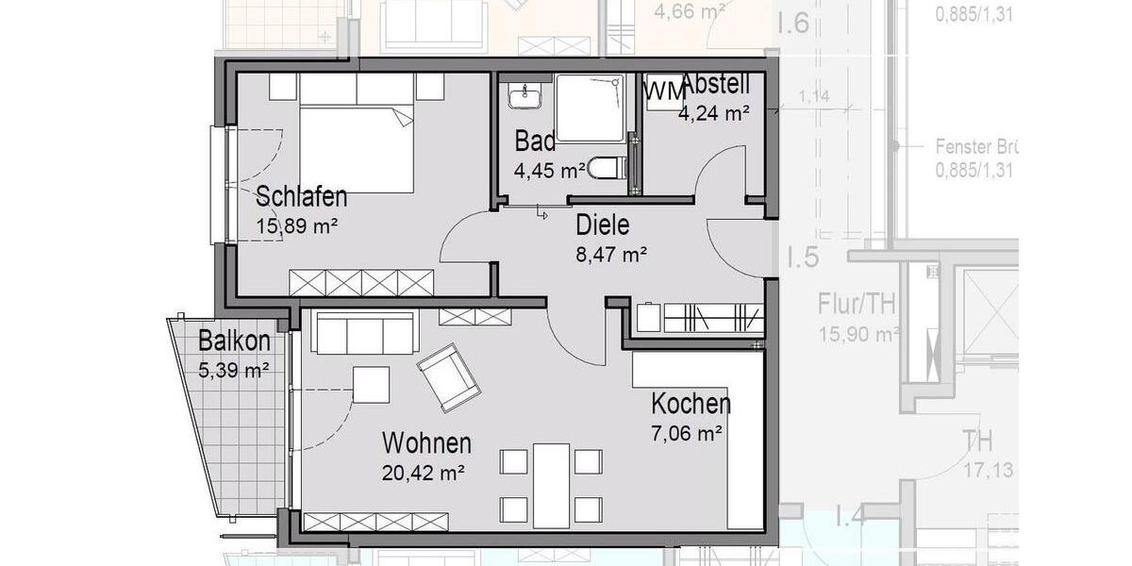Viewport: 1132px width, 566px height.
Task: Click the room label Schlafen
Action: click(302, 197)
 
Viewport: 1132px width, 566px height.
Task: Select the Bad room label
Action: click(534, 141)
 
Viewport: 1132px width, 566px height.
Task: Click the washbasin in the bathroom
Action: click(521, 97)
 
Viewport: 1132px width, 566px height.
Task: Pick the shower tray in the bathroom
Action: click(590, 108)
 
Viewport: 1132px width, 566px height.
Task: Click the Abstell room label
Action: click(715, 84)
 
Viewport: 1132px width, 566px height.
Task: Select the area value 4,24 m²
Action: click(713, 112)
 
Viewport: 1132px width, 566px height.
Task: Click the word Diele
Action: click(602, 225)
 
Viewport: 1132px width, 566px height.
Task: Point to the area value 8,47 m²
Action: click(610, 254)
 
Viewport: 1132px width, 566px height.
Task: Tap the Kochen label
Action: click(691, 405)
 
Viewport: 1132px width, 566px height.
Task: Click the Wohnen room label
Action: click(426, 442)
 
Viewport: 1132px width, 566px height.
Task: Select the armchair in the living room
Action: click(449, 377)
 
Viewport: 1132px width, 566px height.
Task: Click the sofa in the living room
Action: click(364, 333)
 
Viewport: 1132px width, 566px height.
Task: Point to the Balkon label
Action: click(234, 341)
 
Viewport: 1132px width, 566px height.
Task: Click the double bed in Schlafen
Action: click(357, 146)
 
